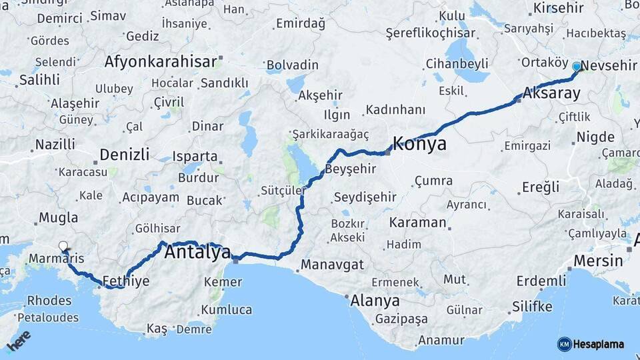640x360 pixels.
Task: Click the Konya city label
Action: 419,143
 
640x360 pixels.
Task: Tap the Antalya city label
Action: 197,253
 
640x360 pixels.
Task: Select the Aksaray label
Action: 552,93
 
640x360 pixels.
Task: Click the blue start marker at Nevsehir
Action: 577,66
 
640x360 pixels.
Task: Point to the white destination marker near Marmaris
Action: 63,247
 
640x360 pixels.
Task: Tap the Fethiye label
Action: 126,281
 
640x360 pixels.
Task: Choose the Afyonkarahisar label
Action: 161,62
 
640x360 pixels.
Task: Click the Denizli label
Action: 124,155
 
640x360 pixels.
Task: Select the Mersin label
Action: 598,260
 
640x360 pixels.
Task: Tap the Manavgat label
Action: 332,265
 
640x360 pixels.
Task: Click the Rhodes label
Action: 49,300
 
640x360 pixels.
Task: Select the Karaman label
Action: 417,222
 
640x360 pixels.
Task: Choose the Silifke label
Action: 532,307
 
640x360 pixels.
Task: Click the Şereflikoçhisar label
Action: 431,33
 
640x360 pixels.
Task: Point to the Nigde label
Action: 595,137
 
